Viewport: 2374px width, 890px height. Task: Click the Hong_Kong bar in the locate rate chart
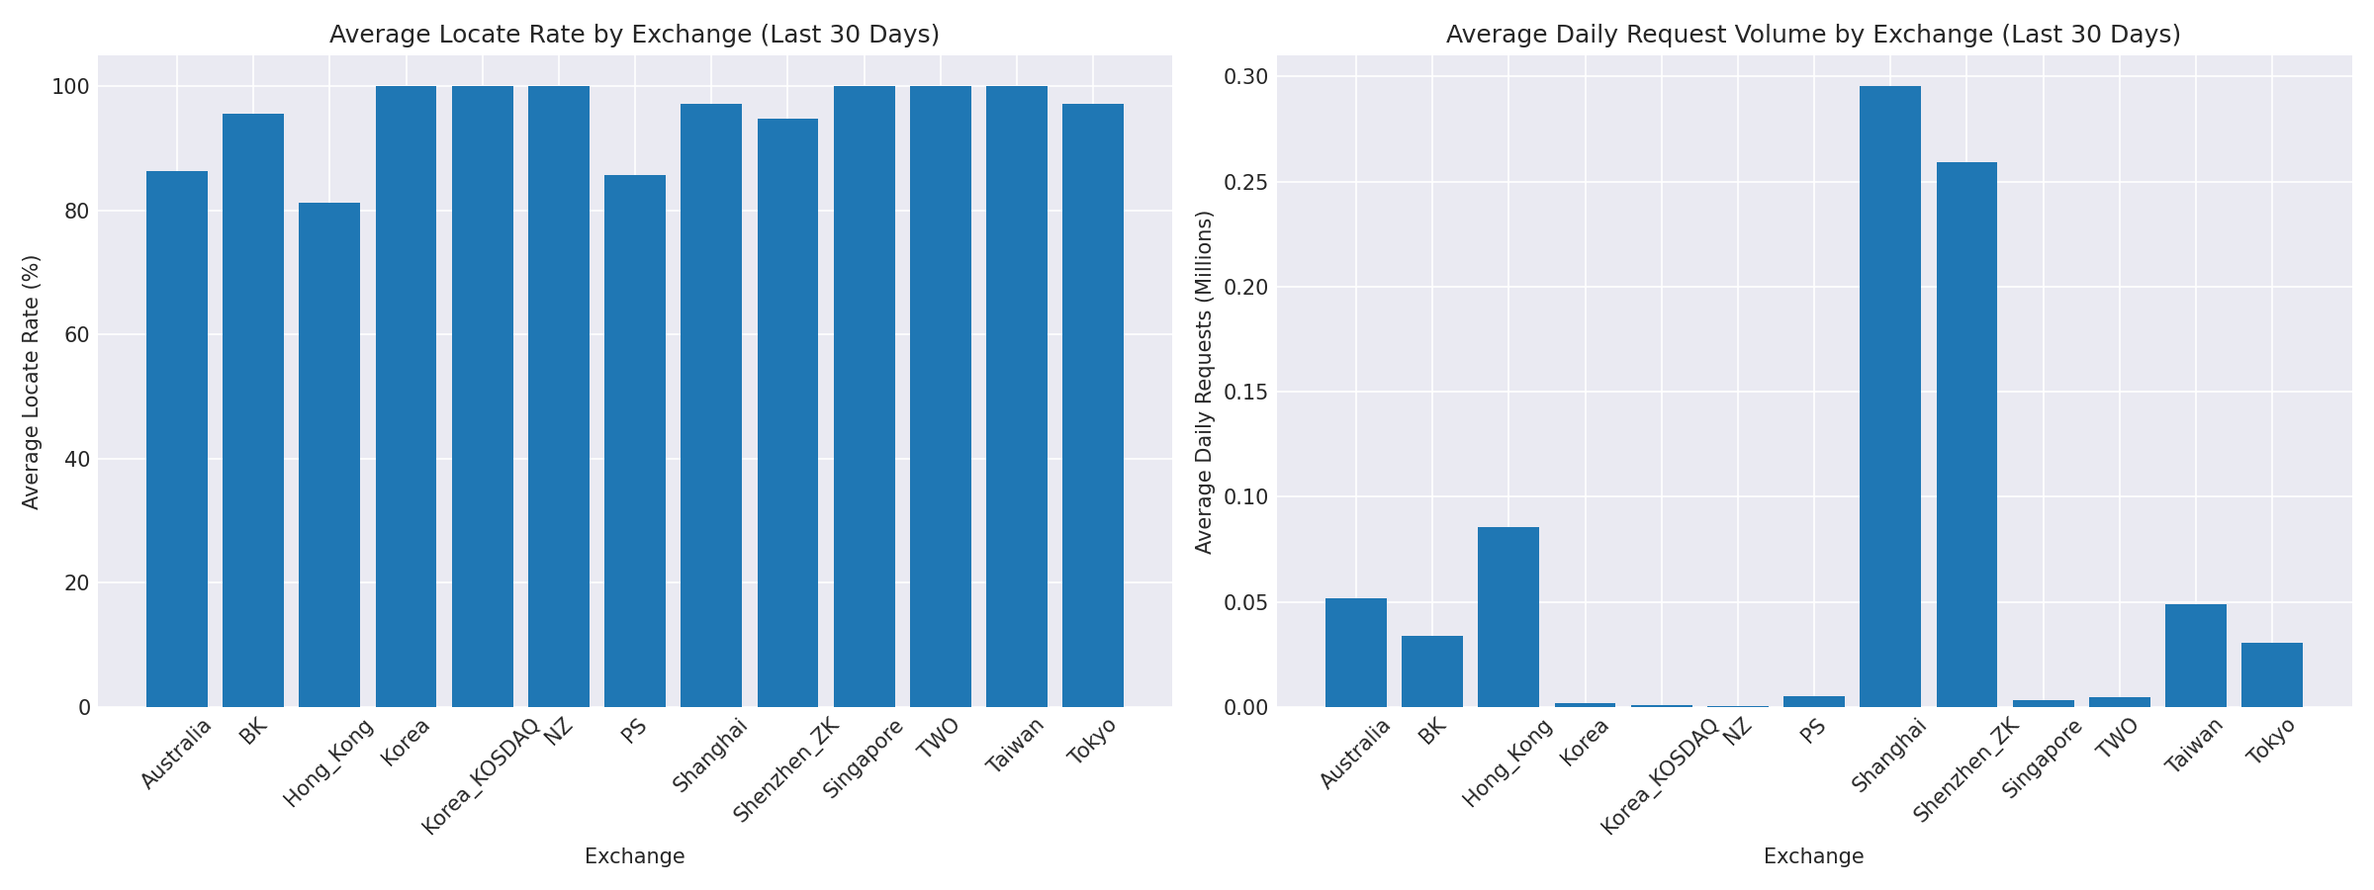point(329,455)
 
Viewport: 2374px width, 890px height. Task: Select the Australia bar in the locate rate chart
point(177,439)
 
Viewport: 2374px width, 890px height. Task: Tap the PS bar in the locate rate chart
point(635,441)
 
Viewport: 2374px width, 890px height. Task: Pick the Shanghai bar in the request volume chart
point(1890,397)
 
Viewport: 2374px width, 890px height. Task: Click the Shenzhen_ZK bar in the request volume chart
point(1966,435)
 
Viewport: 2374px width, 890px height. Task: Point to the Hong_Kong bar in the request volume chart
point(1508,617)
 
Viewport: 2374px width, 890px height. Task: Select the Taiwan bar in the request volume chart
point(2196,656)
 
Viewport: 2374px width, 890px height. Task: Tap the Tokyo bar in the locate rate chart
point(1093,405)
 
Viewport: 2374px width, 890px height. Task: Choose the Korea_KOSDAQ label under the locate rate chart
point(481,777)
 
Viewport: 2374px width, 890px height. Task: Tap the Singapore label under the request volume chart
point(2044,757)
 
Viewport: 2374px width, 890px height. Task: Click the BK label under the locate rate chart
point(253,733)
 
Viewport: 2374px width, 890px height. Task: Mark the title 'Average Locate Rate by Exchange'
point(634,35)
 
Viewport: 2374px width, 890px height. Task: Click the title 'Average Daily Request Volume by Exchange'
point(1813,35)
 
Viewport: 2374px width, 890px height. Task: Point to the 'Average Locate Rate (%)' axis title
point(32,382)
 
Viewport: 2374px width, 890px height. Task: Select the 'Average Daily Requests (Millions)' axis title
point(1204,382)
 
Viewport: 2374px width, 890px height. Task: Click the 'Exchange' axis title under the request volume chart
point(1813,856)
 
